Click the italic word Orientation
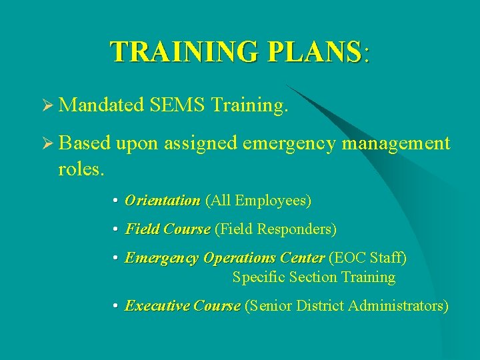[x=162, y=201]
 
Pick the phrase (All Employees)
[x=258, y=201]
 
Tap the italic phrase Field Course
[x=167, y=229]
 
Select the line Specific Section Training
[x=313, y=277]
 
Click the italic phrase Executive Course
[x=182, y=306]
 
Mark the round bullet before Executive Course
[x=116, y=307]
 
